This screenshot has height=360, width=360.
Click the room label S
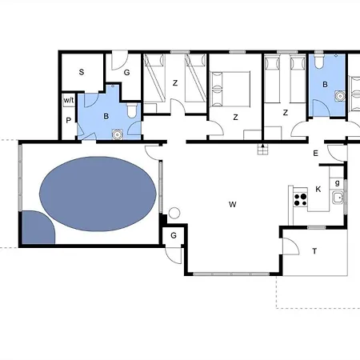click(82, 72)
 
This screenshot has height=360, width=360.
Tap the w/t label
click(68, 100)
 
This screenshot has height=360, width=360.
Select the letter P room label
click(68, 120)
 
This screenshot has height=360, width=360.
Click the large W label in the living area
click(233, 205)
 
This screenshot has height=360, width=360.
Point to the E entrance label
click(316, 154)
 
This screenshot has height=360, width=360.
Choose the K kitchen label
click(318, 190)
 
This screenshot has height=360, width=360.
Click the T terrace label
click(314, 251)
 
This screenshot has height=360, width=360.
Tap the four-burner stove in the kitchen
click(301, 198)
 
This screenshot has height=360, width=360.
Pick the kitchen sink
click(338, 198)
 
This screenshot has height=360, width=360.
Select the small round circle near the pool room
click(174, 213)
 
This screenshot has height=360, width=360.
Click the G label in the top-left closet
click(126, 72)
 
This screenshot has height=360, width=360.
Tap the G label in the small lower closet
click(173, 235)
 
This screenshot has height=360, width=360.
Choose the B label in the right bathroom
click(325, 84)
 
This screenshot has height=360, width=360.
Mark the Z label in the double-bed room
click(235, 117)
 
